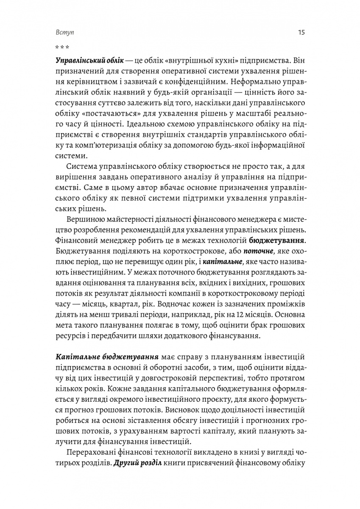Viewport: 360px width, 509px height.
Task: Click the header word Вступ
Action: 62,32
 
